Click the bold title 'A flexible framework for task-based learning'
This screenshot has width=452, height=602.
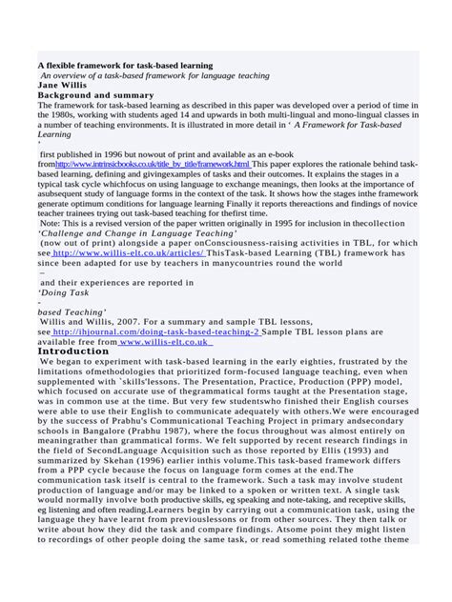pos(125,66)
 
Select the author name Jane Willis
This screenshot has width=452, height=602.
pos(64,86)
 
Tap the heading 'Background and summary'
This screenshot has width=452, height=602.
pos(94,95)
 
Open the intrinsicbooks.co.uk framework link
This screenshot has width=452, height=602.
pos(153,165)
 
